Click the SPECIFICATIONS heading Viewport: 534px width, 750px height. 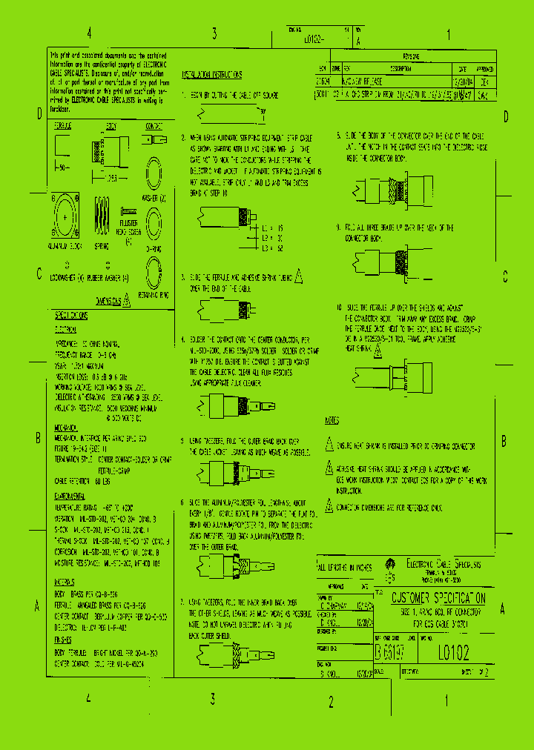[72, 315]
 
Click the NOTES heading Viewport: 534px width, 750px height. [332, 421]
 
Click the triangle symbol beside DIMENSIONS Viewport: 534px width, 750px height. [126, 300]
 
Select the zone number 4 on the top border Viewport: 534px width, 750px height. [89, 33]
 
